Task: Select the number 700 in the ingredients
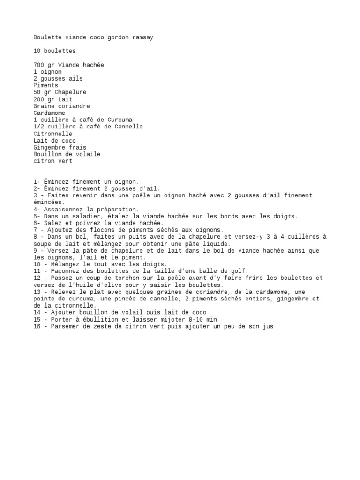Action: coord(39,65)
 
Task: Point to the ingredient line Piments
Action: coord(46,85)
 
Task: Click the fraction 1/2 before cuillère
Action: coord(39,127)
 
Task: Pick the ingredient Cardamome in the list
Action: coord(49,113)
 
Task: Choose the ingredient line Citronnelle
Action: coord(53,134)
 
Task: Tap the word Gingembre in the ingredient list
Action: coord(49,147)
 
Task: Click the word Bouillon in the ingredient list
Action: coord(48,154)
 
